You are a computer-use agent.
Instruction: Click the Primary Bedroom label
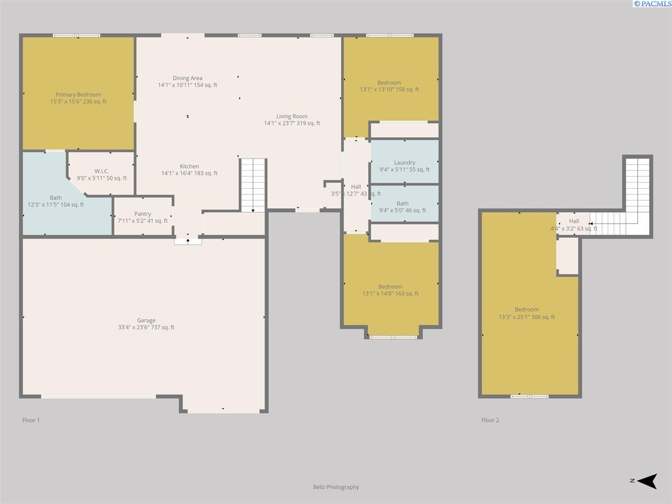click(78, 95)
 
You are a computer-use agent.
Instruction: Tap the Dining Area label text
click(188, 78)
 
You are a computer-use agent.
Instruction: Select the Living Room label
click(292, 116)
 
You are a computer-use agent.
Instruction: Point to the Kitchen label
click(189, 166)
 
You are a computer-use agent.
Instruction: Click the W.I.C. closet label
click(102, 171)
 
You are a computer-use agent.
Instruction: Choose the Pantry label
click(143, 214)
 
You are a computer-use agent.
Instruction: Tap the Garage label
click(146, 320)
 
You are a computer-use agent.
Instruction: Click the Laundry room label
click(404, 162)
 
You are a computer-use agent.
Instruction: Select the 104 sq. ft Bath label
click(55, 198)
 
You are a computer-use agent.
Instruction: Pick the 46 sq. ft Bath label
click(402, 203)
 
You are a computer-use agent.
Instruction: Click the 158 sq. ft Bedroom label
click(389, 83)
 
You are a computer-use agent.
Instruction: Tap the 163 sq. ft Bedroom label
click(390, 287)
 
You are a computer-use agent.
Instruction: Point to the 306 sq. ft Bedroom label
click(526, 310)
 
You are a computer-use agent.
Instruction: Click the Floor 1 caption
click(31, 420)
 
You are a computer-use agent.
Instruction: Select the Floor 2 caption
click(490, 420)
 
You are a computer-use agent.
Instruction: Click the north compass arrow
click(647, 481)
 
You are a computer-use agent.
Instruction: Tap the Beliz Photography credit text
click(336, 487)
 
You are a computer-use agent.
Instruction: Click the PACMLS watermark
click(652, 4)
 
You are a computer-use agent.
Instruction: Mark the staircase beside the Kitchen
click(253, 185)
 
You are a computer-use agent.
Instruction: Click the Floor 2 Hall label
click(574, 221)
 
